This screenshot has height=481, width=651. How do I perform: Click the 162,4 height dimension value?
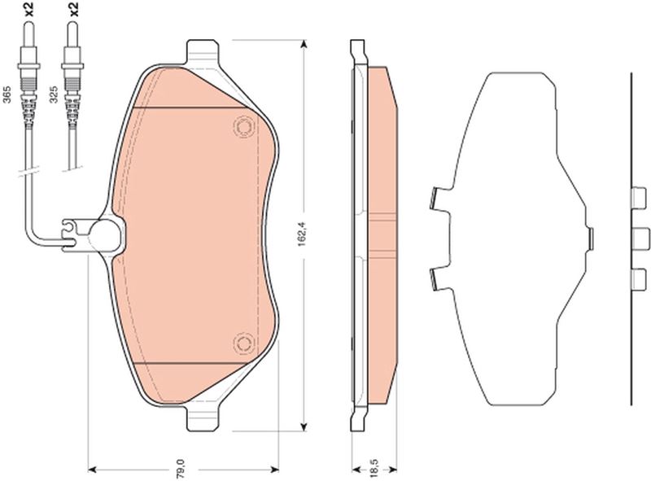pos(303,235)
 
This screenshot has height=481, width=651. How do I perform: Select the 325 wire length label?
pos(53,94)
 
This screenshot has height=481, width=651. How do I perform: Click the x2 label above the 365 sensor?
pos(28,9)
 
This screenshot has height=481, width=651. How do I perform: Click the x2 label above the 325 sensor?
pos(73,9)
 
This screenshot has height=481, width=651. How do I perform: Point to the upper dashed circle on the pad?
pos(243,125)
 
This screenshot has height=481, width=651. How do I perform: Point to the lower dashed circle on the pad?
pos(243,343)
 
